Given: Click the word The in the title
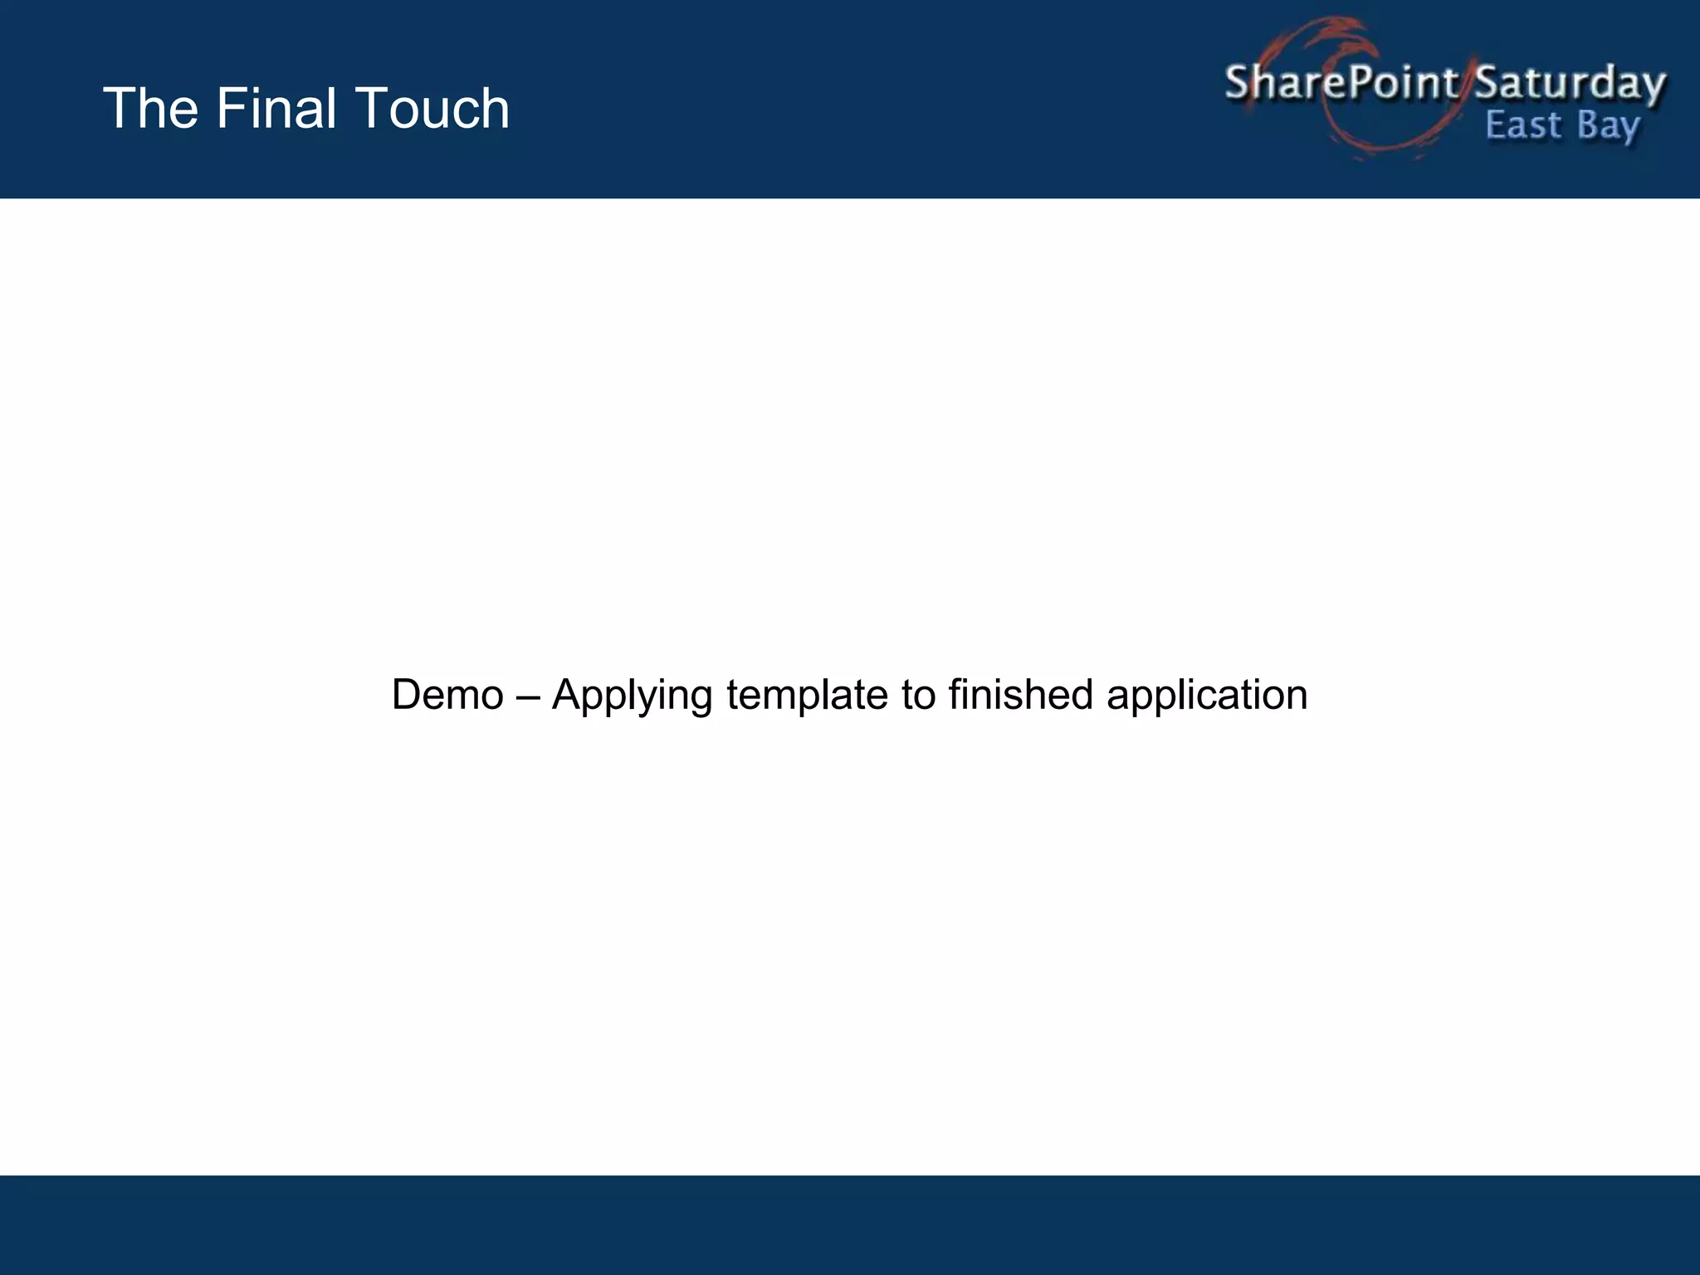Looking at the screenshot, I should coord(150,109).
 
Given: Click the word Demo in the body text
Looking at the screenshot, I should coord(447,695).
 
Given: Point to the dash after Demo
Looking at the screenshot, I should coord(527,696).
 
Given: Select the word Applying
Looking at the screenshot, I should coord(632,696).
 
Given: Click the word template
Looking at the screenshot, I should coord(807,695).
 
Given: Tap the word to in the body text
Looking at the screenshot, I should coord(918,695).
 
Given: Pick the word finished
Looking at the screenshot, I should coord(1020,695).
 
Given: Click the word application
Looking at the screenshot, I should coord(1207,696).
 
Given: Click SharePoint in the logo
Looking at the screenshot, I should coord(1341,83).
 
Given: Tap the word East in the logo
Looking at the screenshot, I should coord(1523,126).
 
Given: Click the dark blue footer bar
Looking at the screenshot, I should coord(850,1225).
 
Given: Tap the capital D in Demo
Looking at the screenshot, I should coord(408,695).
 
